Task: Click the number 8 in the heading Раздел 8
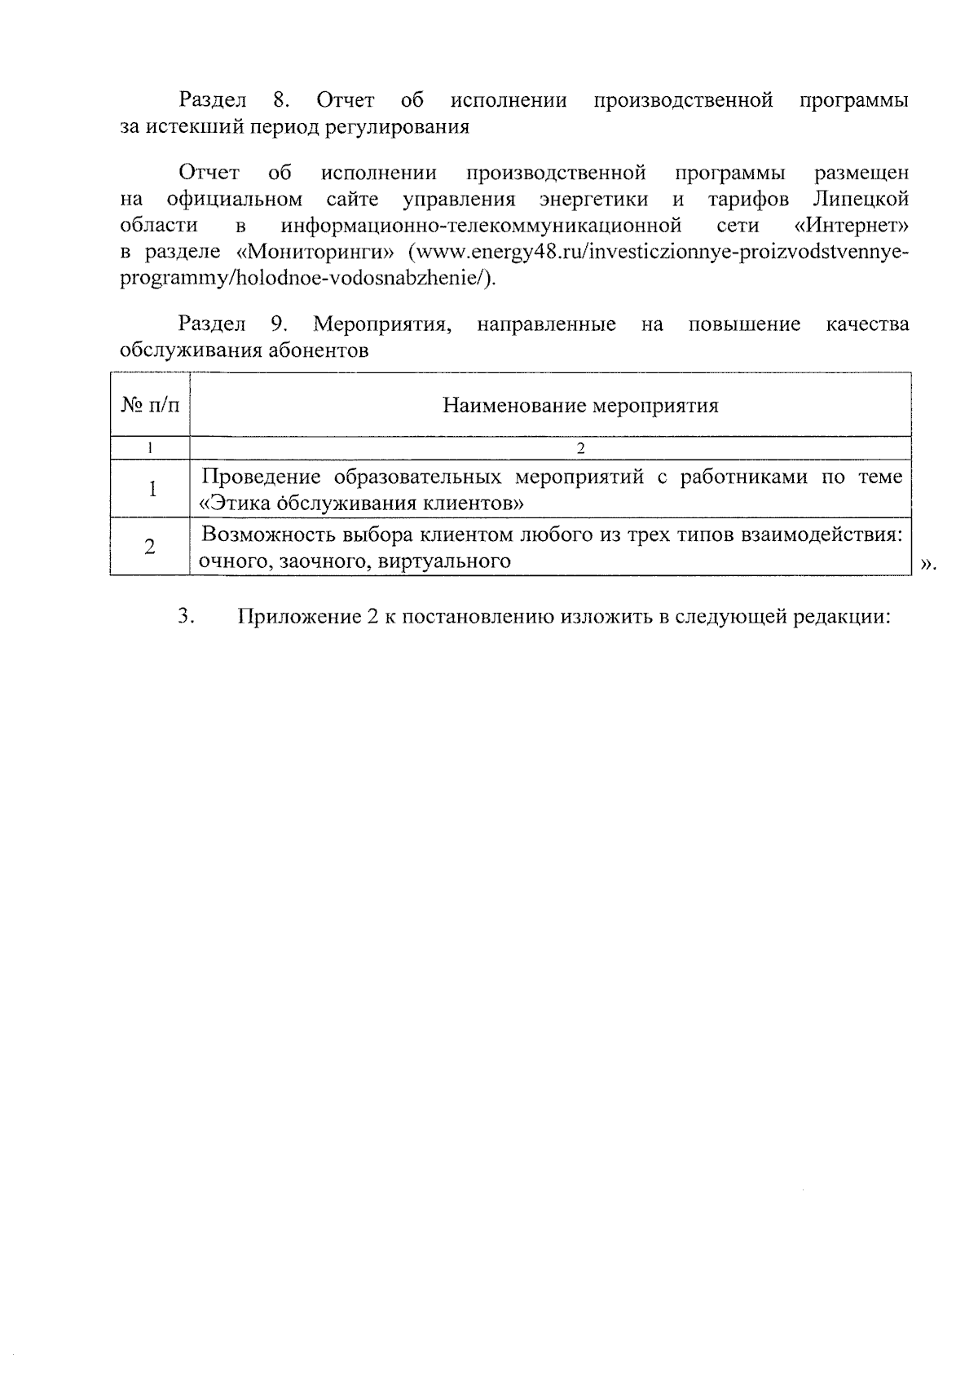click(280, 101)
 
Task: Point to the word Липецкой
click(861, 200)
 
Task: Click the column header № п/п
click(150, 406)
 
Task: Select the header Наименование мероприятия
click(580, 406)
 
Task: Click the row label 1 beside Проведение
click(151, 489)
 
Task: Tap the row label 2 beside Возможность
click(150, 547)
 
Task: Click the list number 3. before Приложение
click(185, 617)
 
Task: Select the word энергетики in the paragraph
click(594, 200)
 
